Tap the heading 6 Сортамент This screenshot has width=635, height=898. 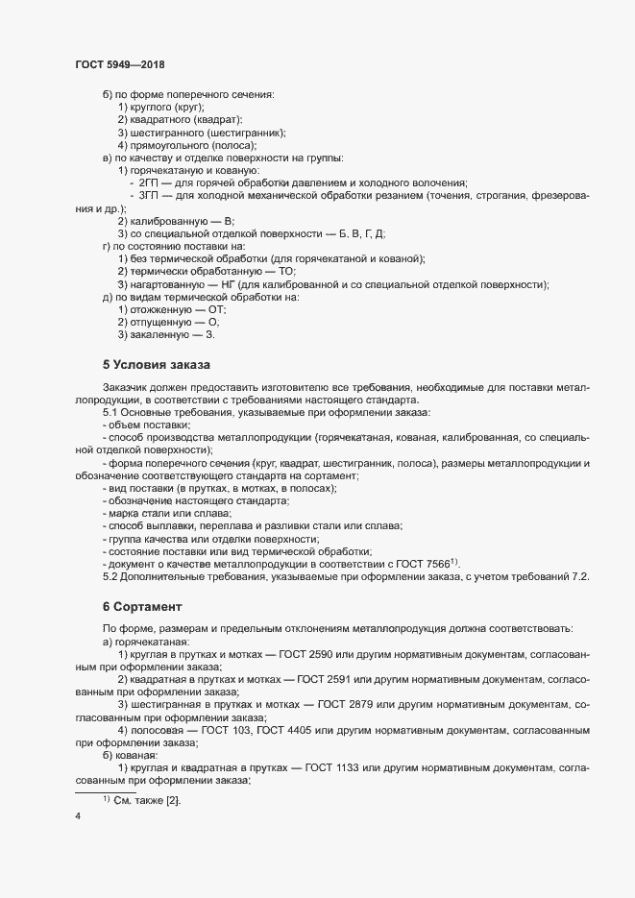(150, 607)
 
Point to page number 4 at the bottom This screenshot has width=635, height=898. (78, 816)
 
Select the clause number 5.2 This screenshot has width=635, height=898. (110, 576)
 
